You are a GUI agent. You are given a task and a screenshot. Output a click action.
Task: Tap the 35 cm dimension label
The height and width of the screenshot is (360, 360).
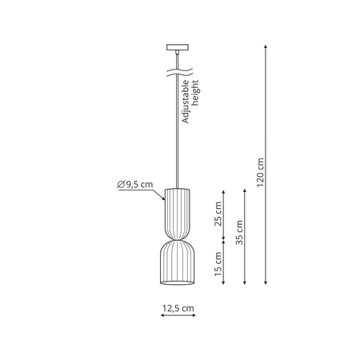pyautogui.click(x=238, y=233)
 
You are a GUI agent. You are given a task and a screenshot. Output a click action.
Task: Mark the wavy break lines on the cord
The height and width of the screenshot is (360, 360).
pyautogui.click(x=175, y=72)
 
